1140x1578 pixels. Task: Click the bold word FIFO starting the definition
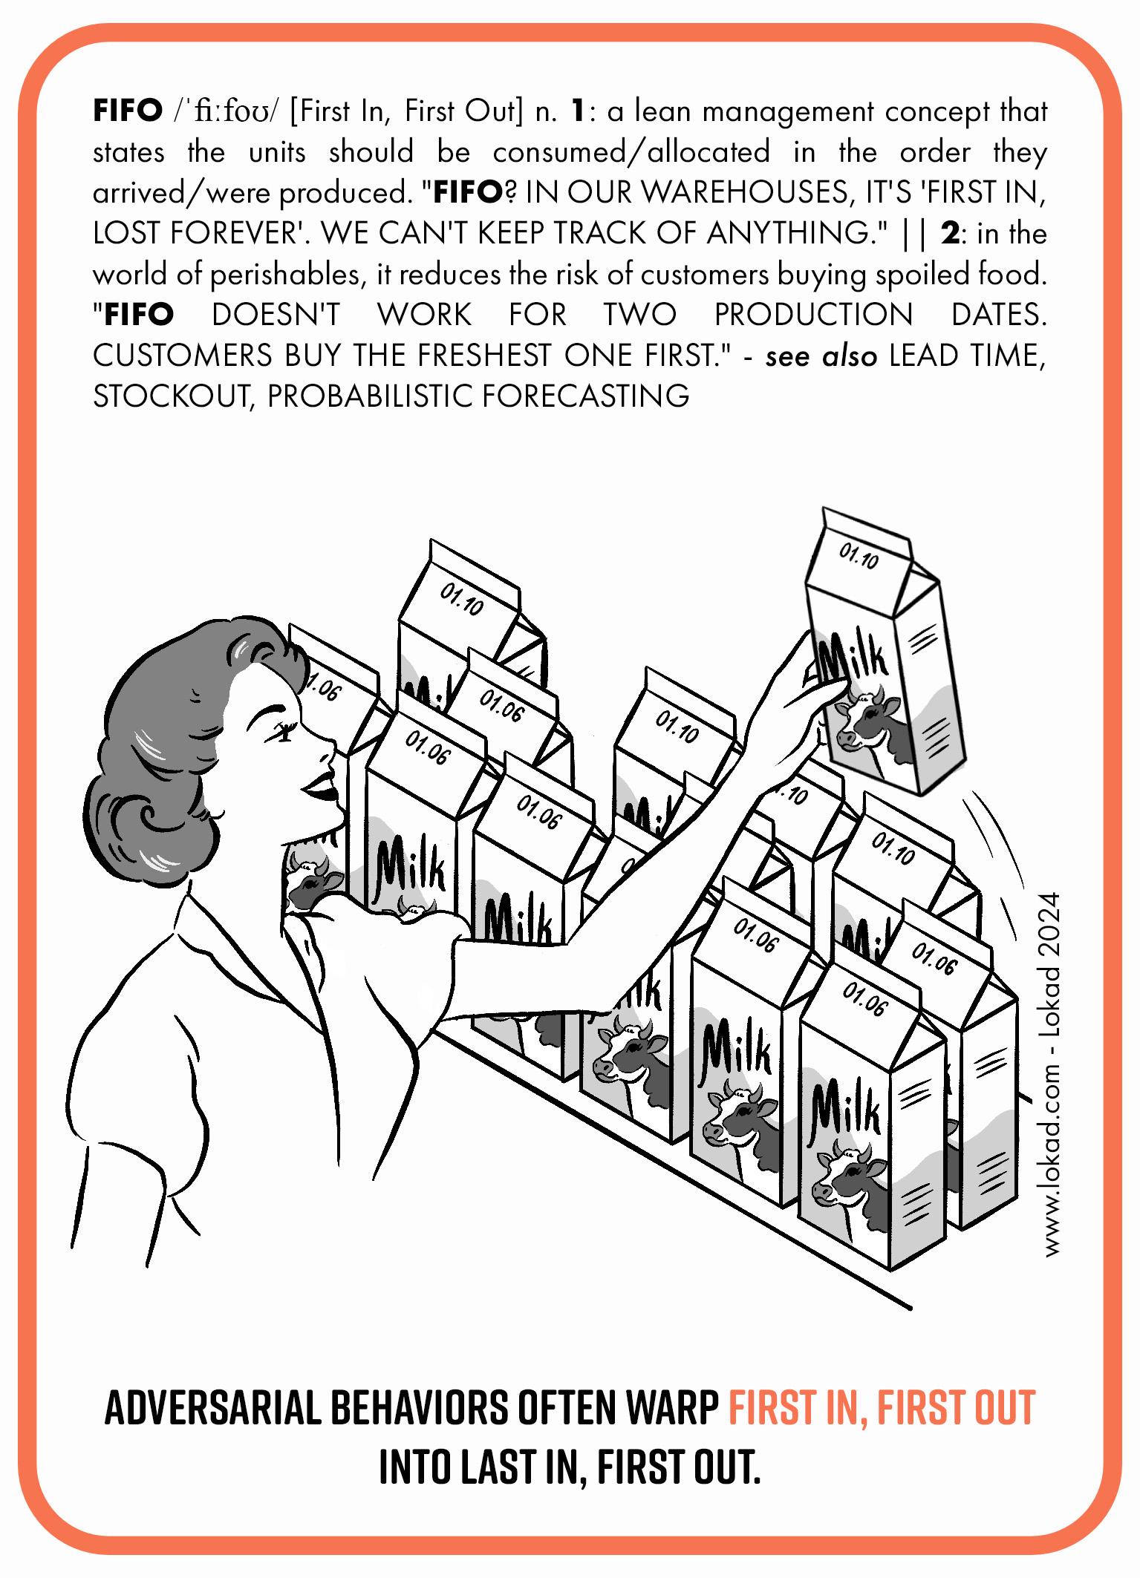click(x=127, y=112)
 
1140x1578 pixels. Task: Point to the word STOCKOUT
click(x=172, y=396)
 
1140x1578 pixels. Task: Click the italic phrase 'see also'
click(x=821, y=356)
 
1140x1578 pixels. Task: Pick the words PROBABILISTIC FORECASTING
click(x=478, y=396)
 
